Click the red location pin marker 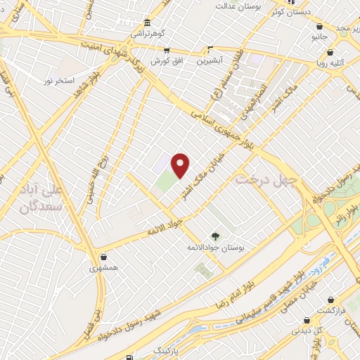[181, 165]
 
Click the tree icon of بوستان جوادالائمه [215, 237]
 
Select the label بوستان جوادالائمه [215, 248]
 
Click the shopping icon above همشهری [105, 257]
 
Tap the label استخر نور [59, 82]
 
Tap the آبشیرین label [210, 60]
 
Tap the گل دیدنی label [308, 329]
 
